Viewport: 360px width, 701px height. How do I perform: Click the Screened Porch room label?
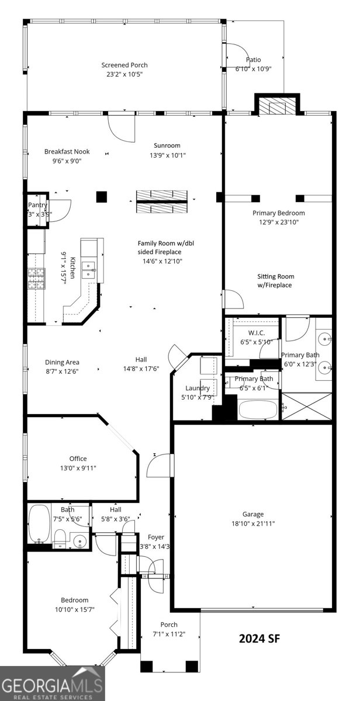point(124,65)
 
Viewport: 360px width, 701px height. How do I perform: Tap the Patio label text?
point(253,60)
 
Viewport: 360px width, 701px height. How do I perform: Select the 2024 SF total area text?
point(259,638)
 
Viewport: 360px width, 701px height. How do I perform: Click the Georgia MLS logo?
point(52,683)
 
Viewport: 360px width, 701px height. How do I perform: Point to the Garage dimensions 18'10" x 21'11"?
point(252,523)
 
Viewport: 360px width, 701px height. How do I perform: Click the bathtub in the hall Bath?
point(40,524)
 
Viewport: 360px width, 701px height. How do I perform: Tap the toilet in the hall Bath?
point(60,537)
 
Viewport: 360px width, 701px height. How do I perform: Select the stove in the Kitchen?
point(36,279)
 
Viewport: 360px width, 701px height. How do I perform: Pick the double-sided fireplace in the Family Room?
point(162,202)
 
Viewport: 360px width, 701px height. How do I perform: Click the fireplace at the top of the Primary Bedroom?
point(278,107)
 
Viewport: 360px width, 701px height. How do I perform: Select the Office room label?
point(78,459)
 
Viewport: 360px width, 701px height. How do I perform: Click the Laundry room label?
point(198,388)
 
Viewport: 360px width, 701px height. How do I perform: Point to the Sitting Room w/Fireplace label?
point(276,280)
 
